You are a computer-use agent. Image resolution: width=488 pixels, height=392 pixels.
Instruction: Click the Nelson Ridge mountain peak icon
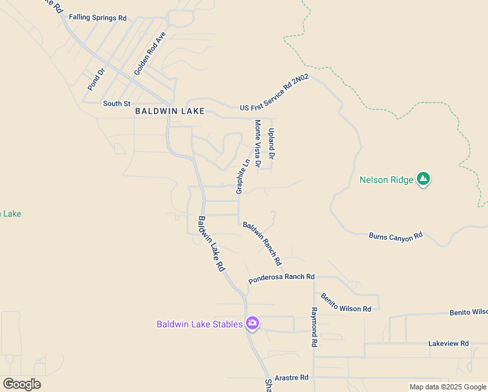point(423,179)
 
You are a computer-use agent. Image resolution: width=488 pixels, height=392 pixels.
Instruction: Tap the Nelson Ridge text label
point(387,180)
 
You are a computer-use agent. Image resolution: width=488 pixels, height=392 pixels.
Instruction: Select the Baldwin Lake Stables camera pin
point(252,323)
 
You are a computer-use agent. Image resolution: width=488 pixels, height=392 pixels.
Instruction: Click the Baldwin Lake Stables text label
point(199,324)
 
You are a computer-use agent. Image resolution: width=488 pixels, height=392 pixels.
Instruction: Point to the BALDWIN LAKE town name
point(170,111)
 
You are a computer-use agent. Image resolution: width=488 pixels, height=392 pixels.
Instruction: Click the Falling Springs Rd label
point(97,18)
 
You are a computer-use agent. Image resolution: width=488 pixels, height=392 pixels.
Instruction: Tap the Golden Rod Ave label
point(150,53)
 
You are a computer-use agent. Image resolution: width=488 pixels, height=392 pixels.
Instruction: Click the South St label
point(117,103)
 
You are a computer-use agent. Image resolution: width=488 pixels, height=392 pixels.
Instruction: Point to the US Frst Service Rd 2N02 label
point(274,93)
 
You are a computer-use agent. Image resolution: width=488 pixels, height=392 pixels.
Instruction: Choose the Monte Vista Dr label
point(258,143)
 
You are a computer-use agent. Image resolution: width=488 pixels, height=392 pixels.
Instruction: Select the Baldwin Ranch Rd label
point(262,243)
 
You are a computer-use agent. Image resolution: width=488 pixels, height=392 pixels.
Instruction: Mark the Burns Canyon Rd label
point(396,237)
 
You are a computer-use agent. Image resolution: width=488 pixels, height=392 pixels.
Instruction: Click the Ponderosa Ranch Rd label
point(281,278)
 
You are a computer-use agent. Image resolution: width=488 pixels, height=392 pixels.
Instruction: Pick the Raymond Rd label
point(314,327)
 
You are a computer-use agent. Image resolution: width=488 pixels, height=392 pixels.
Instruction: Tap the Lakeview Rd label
point(448,343)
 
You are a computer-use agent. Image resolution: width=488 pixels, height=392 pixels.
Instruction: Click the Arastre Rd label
point(290,378)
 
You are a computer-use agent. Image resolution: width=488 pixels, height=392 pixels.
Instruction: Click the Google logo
point(22,384)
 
